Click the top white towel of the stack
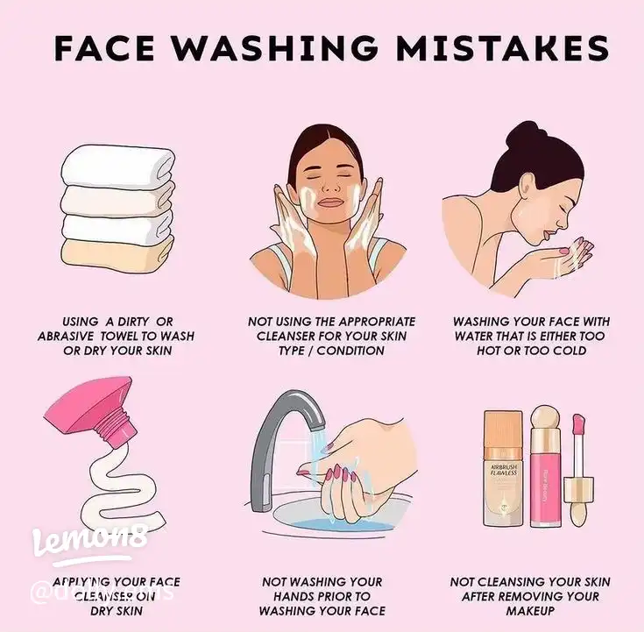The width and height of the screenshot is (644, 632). click(115, 163)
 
